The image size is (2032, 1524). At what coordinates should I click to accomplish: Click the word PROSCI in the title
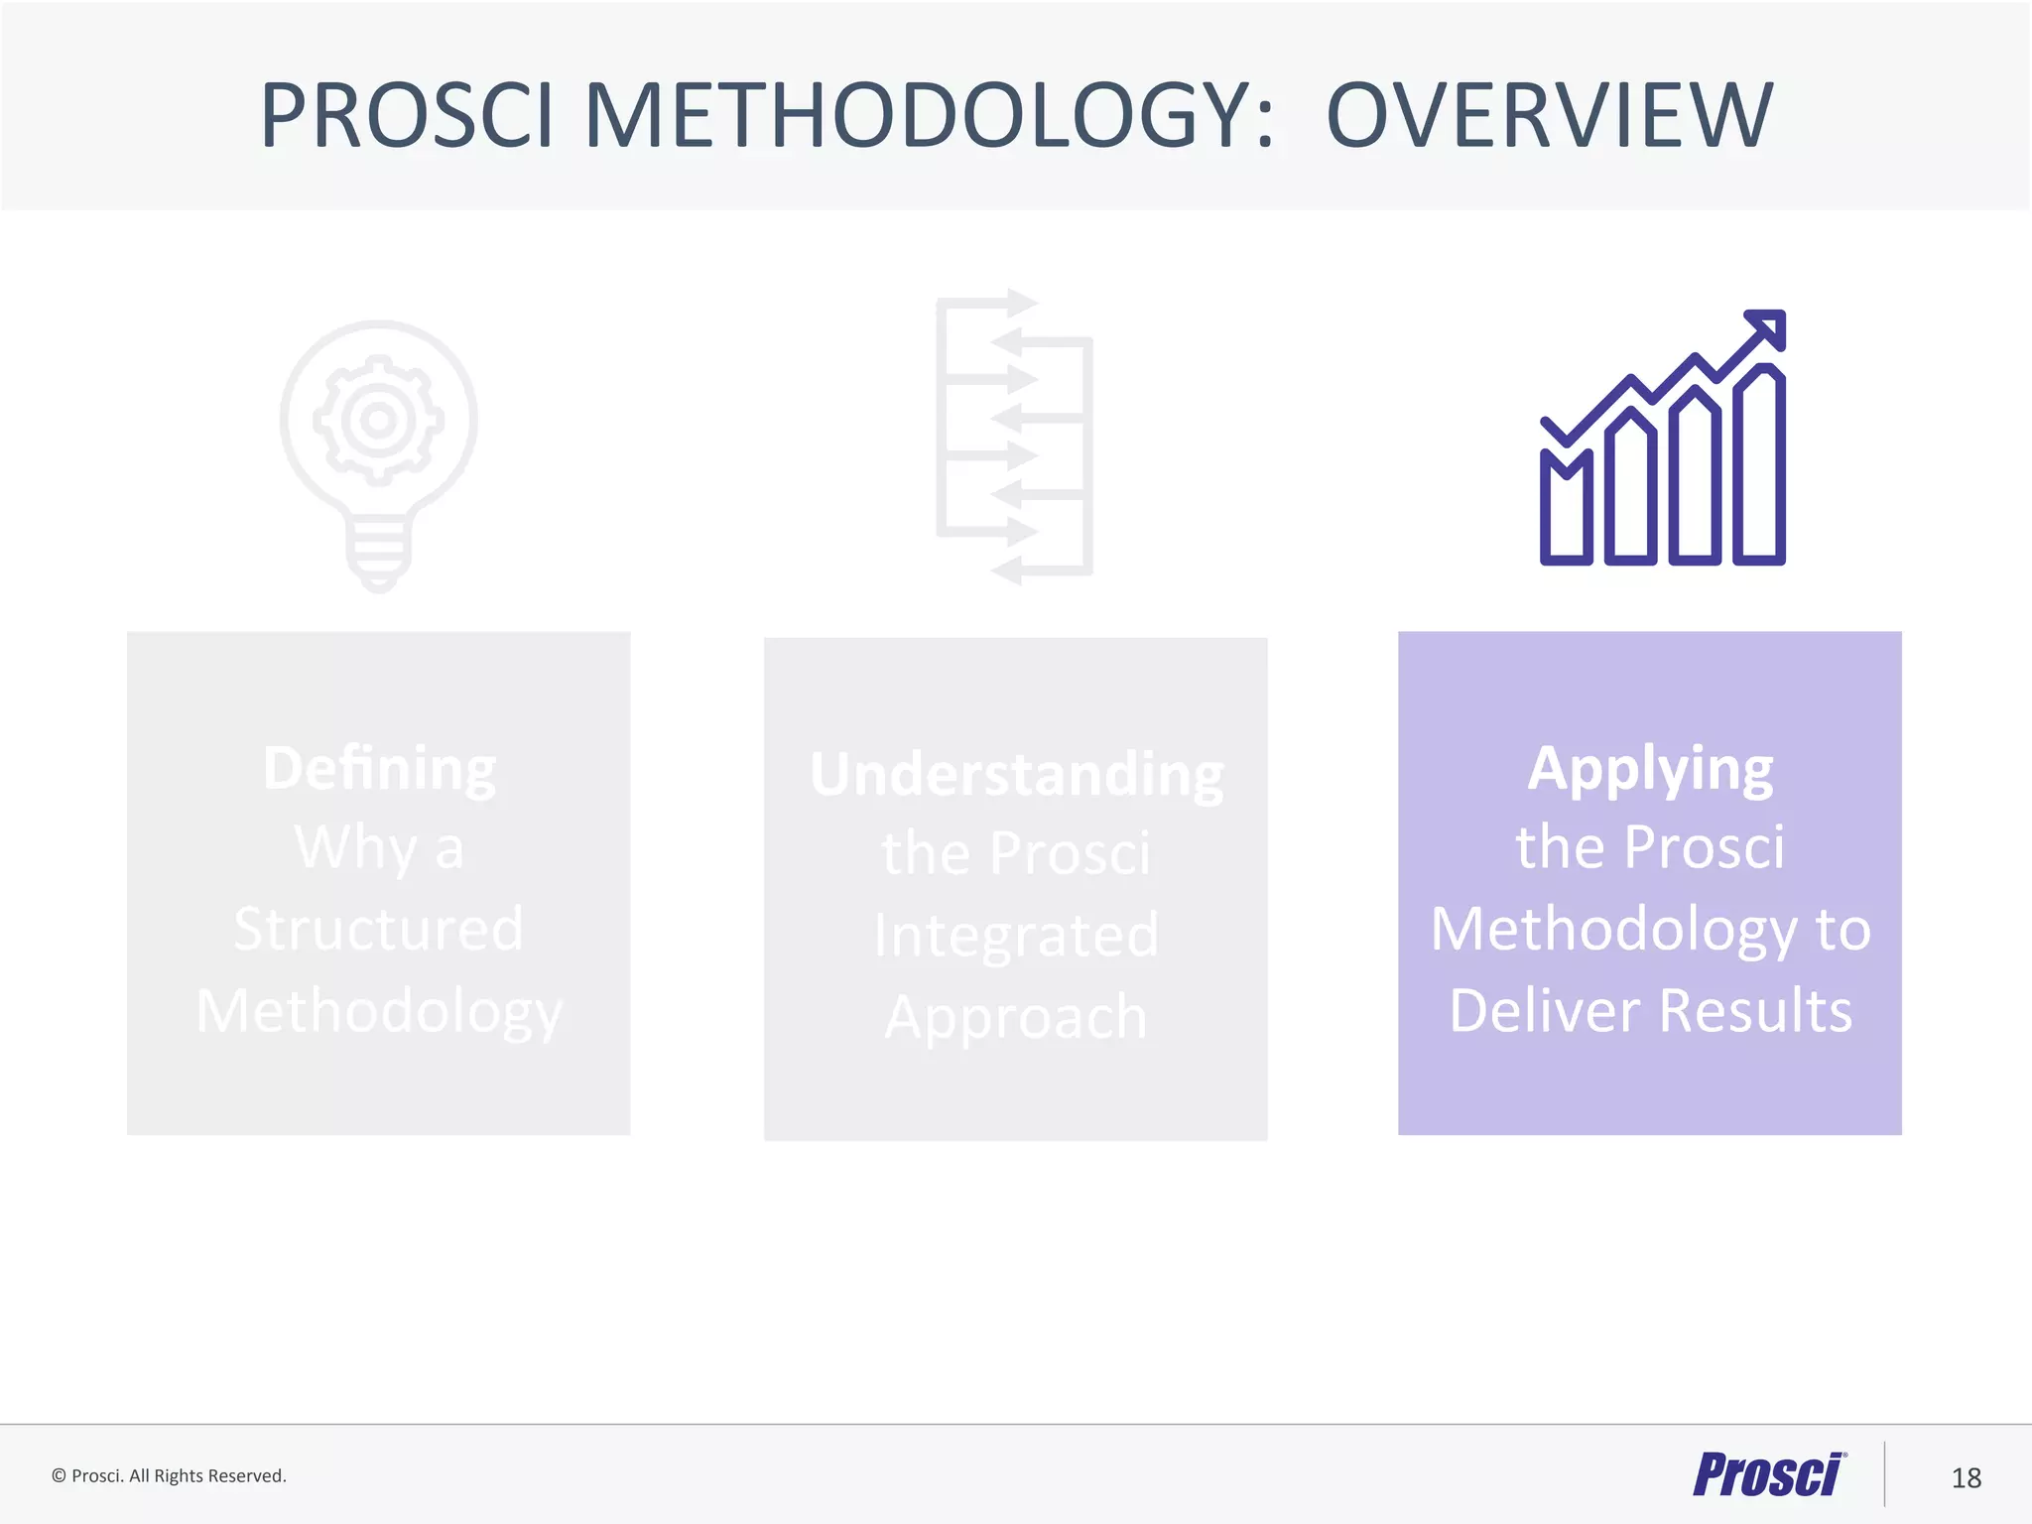coord(406,116)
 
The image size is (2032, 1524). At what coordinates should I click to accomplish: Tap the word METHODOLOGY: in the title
coord(929,116)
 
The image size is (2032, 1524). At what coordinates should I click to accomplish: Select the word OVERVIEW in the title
coord(1549,116)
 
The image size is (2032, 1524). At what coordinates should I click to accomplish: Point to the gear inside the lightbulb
coord(378,420)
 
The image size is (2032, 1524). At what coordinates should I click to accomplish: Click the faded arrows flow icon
coord(1014,437)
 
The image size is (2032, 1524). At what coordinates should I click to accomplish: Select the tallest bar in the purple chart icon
coord(1759,466)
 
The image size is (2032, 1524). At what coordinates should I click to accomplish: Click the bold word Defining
coord(379,768)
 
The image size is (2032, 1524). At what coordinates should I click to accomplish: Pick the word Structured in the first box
coord(378,929)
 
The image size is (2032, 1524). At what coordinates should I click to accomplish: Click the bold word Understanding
coord(1016,775)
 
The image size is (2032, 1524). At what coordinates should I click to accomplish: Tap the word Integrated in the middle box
coord(1016,936)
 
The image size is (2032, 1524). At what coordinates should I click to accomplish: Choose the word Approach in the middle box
coord(1016,1017)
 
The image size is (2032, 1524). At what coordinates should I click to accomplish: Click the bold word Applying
coord(1650,768)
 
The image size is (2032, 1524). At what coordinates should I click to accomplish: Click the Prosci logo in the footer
coord(1768,1475)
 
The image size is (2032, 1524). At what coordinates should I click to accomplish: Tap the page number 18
coord(1966,1478)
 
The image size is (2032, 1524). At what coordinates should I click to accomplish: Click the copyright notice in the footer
coord(169,1476)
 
